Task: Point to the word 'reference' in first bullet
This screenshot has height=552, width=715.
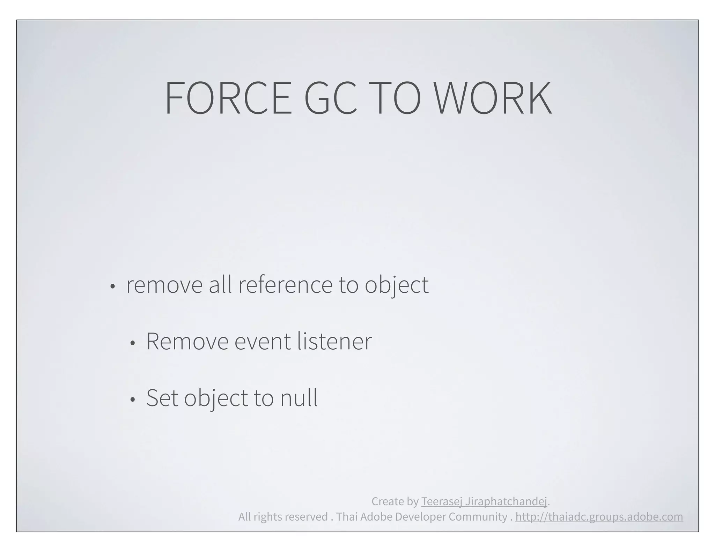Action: click(x=286, y=284)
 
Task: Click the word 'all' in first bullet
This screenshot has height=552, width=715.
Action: click(x=220, y=284)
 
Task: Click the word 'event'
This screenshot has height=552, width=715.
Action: click(x=262, y=341)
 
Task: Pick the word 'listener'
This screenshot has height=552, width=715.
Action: click(x=334, y=341)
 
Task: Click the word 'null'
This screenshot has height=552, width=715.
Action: click(x=299, y=398)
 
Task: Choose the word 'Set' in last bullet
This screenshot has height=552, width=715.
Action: click(x=162, y=398)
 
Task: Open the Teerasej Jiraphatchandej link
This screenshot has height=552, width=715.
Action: click(x=484, y=501)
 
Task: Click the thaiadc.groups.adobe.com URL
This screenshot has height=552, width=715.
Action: click(x=599, y=517)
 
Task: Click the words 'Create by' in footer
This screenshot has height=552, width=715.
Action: click(x=395, y=501)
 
